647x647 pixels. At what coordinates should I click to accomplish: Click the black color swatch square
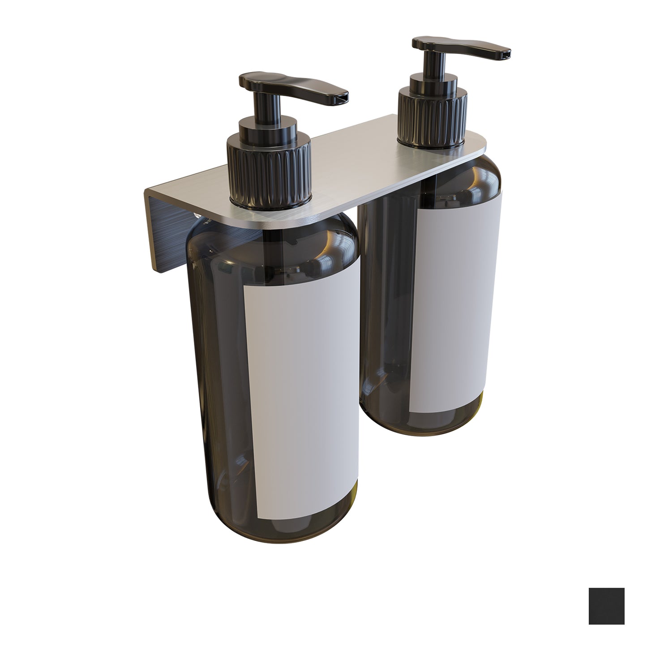[x=606, y=606]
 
